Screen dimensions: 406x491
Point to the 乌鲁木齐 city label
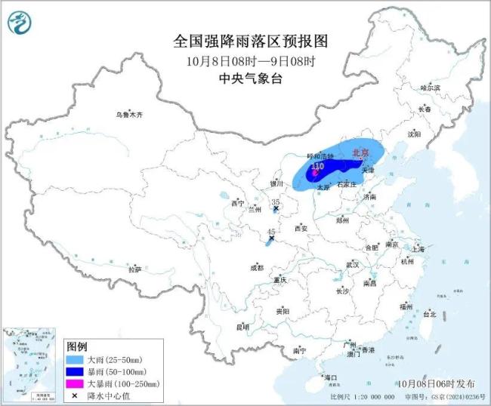(x=128, y=115)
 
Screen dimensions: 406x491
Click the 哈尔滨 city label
(x=429, y=88)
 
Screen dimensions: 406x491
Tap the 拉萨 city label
(x=135, y=269)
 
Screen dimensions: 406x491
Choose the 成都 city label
(x=258, y=267)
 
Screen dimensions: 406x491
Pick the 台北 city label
(x=429, y=313)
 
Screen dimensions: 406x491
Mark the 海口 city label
(x=330, y=377)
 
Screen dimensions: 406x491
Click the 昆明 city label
(x=242, y=327)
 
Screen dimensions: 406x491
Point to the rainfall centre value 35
(x=276, y=201)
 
